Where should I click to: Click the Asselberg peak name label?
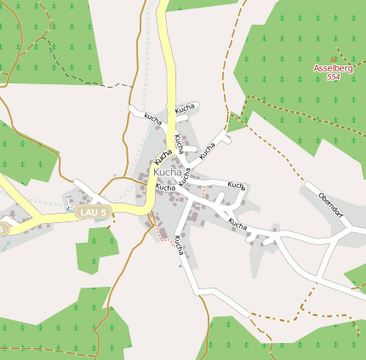click(333, 67)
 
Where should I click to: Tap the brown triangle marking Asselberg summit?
click(333, 58)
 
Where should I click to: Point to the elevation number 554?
click(333, 77)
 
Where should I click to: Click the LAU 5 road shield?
click(93, 211)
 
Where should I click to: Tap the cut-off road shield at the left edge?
click(3, 228)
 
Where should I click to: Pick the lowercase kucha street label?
click(153, 117)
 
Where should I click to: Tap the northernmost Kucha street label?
click(185, 108)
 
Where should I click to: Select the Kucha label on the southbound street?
click(179, 244)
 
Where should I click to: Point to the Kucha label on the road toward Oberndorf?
click(237, 225)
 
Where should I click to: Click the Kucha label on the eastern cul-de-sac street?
click(236, 185)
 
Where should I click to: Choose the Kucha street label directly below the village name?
click(165, 187)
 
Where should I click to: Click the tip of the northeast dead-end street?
click(227, 134)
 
